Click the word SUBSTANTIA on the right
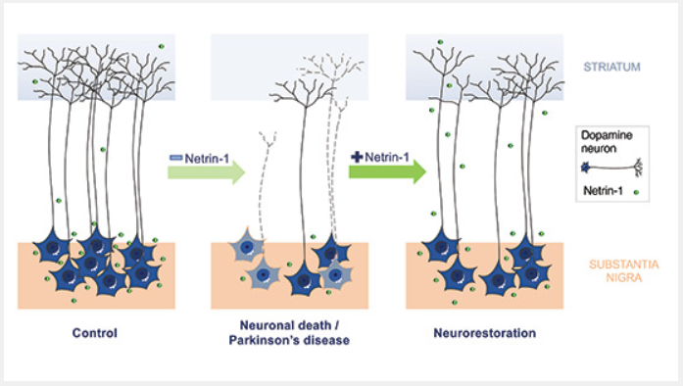(618, 265)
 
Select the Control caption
(95, 333)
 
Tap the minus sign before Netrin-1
(174, 154)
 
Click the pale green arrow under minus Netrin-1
(206, 174)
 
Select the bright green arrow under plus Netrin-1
(388, 174)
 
